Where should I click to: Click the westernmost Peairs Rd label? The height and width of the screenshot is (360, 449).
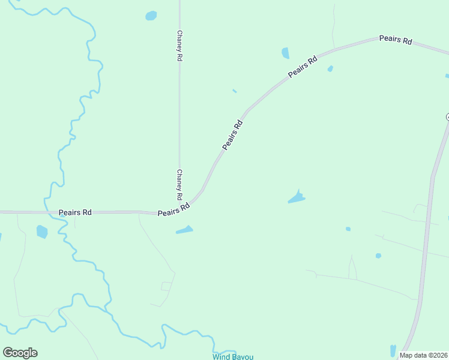click(x=75, y=212)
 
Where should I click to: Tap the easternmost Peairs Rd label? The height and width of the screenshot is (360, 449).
click(x=396, y=40)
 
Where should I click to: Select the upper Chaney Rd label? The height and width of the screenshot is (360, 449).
click(x=179, y=47)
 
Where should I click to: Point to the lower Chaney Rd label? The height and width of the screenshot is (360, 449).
click(x=179, y=184)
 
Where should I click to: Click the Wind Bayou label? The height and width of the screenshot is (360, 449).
click(x=233, y=357)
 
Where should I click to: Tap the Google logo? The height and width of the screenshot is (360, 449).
click(x=20, y=353)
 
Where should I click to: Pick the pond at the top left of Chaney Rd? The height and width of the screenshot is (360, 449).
click(x=151, y=16)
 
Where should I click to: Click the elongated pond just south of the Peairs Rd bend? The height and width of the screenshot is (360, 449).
click(x=184, y=230)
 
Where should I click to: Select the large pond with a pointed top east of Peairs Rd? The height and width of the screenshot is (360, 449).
click(x=297, y=197)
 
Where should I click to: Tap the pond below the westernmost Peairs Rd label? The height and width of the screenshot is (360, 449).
click(x=41, y=231)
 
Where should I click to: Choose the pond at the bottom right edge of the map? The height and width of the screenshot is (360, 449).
click(x=393, y=350)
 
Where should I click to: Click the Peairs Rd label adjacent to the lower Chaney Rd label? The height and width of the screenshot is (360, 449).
click(x=173, y=209)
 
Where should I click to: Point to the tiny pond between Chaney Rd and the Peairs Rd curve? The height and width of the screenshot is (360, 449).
click(x=234, y=91)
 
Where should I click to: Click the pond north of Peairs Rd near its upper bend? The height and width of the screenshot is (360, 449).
click(x=285, y=53)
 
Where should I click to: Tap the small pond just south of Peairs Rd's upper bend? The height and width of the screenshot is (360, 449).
click(x=330, y=69)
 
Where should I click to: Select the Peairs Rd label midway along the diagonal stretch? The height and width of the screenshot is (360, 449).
click(x=232, y=135)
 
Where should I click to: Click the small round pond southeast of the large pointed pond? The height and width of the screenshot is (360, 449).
click(x=348, y=229)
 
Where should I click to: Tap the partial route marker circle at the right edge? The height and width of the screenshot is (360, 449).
click(x=447, y=116)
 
